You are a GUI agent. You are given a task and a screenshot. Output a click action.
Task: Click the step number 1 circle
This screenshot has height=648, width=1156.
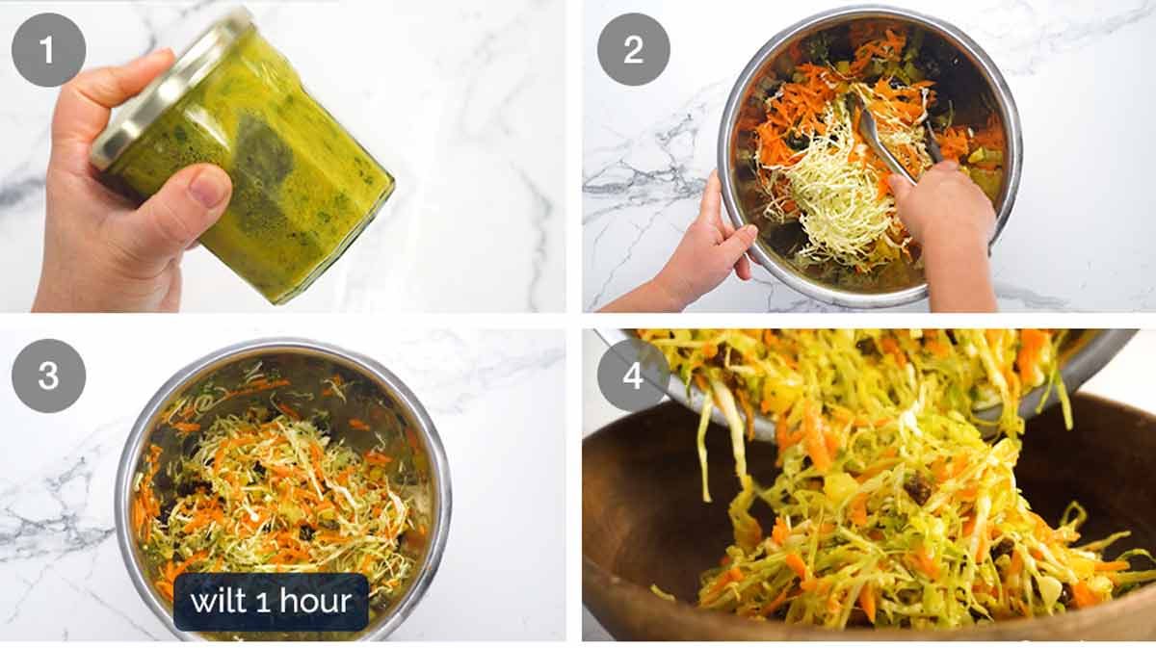point(48,50)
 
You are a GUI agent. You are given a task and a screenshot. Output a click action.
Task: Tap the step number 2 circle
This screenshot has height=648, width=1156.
point(633,50)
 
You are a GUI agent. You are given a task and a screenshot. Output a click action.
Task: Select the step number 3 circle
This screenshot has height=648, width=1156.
point(48,375)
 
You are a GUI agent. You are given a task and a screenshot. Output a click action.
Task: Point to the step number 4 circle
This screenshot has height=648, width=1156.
point(633,375)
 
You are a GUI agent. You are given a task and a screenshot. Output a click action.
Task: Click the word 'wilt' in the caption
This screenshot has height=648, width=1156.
point(221,603)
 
